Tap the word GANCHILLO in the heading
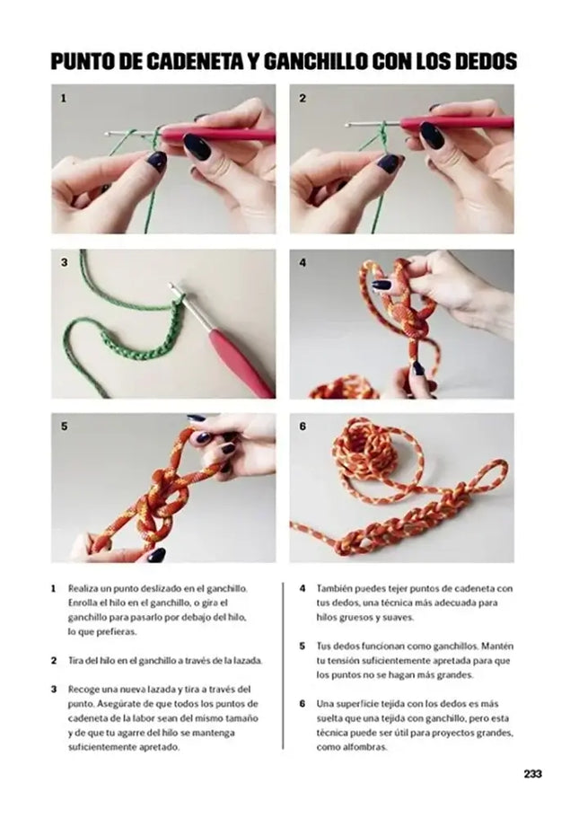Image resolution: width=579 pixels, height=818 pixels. click(x=313, y=61)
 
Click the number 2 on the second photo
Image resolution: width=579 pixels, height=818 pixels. click(x=303, y=98)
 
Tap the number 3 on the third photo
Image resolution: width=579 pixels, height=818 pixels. click(x=64, y=263)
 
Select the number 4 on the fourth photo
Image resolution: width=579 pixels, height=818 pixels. click(x=303, y=263)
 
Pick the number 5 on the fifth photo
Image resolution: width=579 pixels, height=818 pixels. click(x=64, y=427)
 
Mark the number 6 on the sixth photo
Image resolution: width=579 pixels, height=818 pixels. click(x=303, y=427)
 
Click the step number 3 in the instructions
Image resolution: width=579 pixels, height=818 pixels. click(x=54, y=689)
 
